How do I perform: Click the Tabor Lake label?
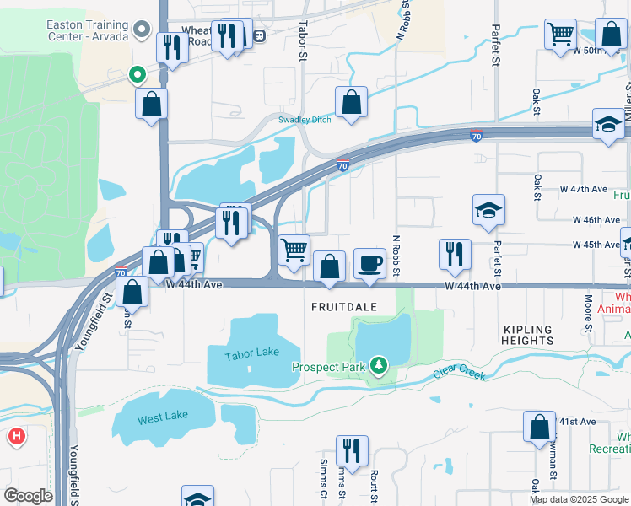click(x=251, y=355)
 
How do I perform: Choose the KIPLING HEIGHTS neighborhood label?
click(x=527, y=335)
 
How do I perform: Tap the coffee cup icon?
click(x=369, y=263)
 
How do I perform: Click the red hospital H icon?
click(x=16, y=437)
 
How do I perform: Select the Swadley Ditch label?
click(x=305, y=120)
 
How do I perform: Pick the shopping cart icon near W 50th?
click(x=560, y=35)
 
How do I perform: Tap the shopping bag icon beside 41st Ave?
click(x=539, y=427)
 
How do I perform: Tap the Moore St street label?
click(x=589, y=313)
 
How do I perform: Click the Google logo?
click(x=29, y=496)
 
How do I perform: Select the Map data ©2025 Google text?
click(x=578, y=499)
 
